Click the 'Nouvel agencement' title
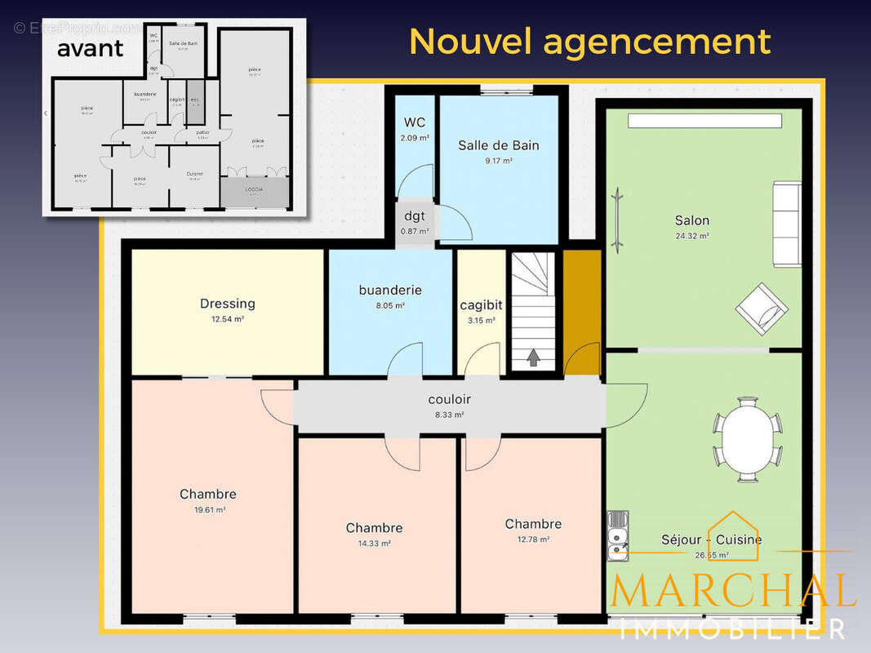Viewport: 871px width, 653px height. click(x=589, y=42)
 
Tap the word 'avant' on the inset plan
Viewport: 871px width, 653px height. click(x=90, y=47)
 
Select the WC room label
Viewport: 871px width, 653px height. click(x=415, y=122)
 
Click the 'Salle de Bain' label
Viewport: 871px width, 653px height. click(x=498, y=145)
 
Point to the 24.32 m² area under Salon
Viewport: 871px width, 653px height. click(x=691, y=236)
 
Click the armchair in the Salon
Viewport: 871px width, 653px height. click(x=762, y=309)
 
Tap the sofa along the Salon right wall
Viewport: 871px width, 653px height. click(x=787, y=224)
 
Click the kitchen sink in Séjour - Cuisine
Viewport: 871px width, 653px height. click(x=618, y=535)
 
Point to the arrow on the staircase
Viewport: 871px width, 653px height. click(x=533, y=357)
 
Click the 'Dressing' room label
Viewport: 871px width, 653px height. click(x=228, y=304)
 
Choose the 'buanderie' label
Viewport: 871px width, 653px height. click(x=390, y=290)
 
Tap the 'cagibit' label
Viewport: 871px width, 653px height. click(x=481, y=304)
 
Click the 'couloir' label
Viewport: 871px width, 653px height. click(x=449, y=400)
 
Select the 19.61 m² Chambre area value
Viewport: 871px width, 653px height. click(x=208, y=509)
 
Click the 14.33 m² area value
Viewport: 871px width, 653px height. click(x=374, y=543)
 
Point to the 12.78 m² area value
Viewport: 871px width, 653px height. click(x=532, y=539)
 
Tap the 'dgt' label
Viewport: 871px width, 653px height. click(x=415, y=216)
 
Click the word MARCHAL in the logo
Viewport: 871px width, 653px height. click(x=732, y=589)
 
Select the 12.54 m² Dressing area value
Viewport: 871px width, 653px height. click(x=228, y=319)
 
